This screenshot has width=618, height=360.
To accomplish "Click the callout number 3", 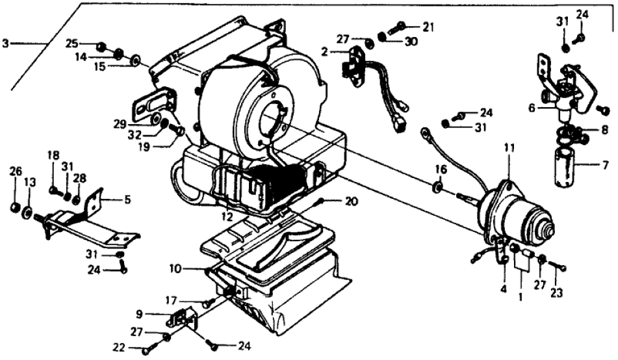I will coord(6,44).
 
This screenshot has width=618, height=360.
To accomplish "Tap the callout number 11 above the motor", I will coord(509,149).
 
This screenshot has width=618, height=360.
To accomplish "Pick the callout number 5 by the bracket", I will coord(127,199).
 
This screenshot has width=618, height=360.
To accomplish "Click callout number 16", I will coord(441,169).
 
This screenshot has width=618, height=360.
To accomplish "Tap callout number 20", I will coord(352,201).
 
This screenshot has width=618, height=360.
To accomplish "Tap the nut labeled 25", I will coord(101,47).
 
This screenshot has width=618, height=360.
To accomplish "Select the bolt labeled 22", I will coord(147,350).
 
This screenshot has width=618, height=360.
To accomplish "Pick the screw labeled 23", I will coord(559,266).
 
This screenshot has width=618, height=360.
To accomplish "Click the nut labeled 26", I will coord(14,207).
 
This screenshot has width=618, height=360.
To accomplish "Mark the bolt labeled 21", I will coord(398,27).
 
